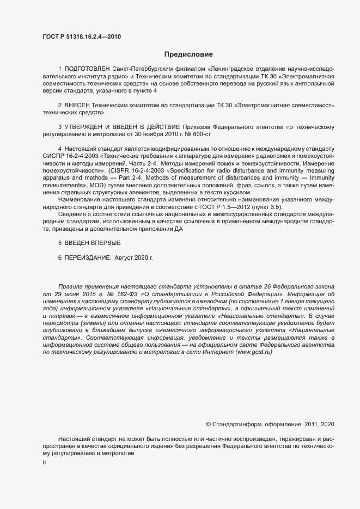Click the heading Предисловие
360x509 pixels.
point(188,54)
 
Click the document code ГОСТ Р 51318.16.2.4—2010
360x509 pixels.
point(81,37)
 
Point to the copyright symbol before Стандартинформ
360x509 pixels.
point(208,424)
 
